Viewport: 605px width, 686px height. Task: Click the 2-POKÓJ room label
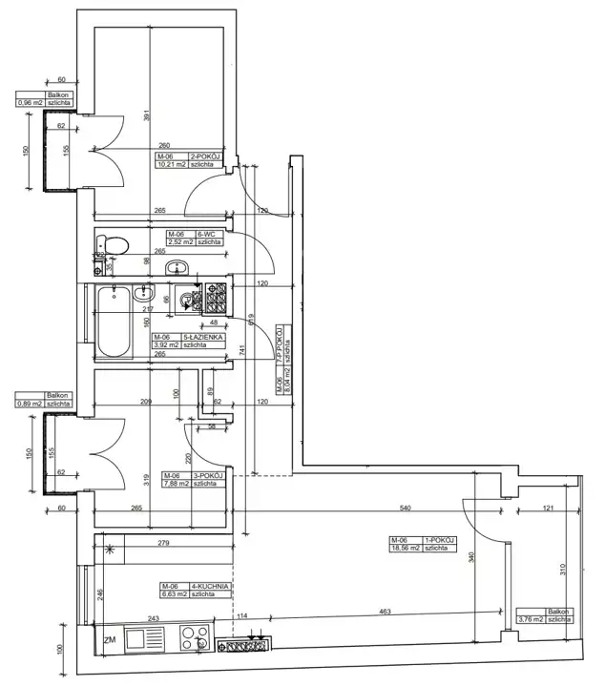207,156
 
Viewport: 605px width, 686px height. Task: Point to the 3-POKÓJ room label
207,475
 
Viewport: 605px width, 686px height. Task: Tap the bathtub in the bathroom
114,322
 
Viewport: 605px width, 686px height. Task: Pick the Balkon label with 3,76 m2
558,611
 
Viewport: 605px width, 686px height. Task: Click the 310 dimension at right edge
563,570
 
